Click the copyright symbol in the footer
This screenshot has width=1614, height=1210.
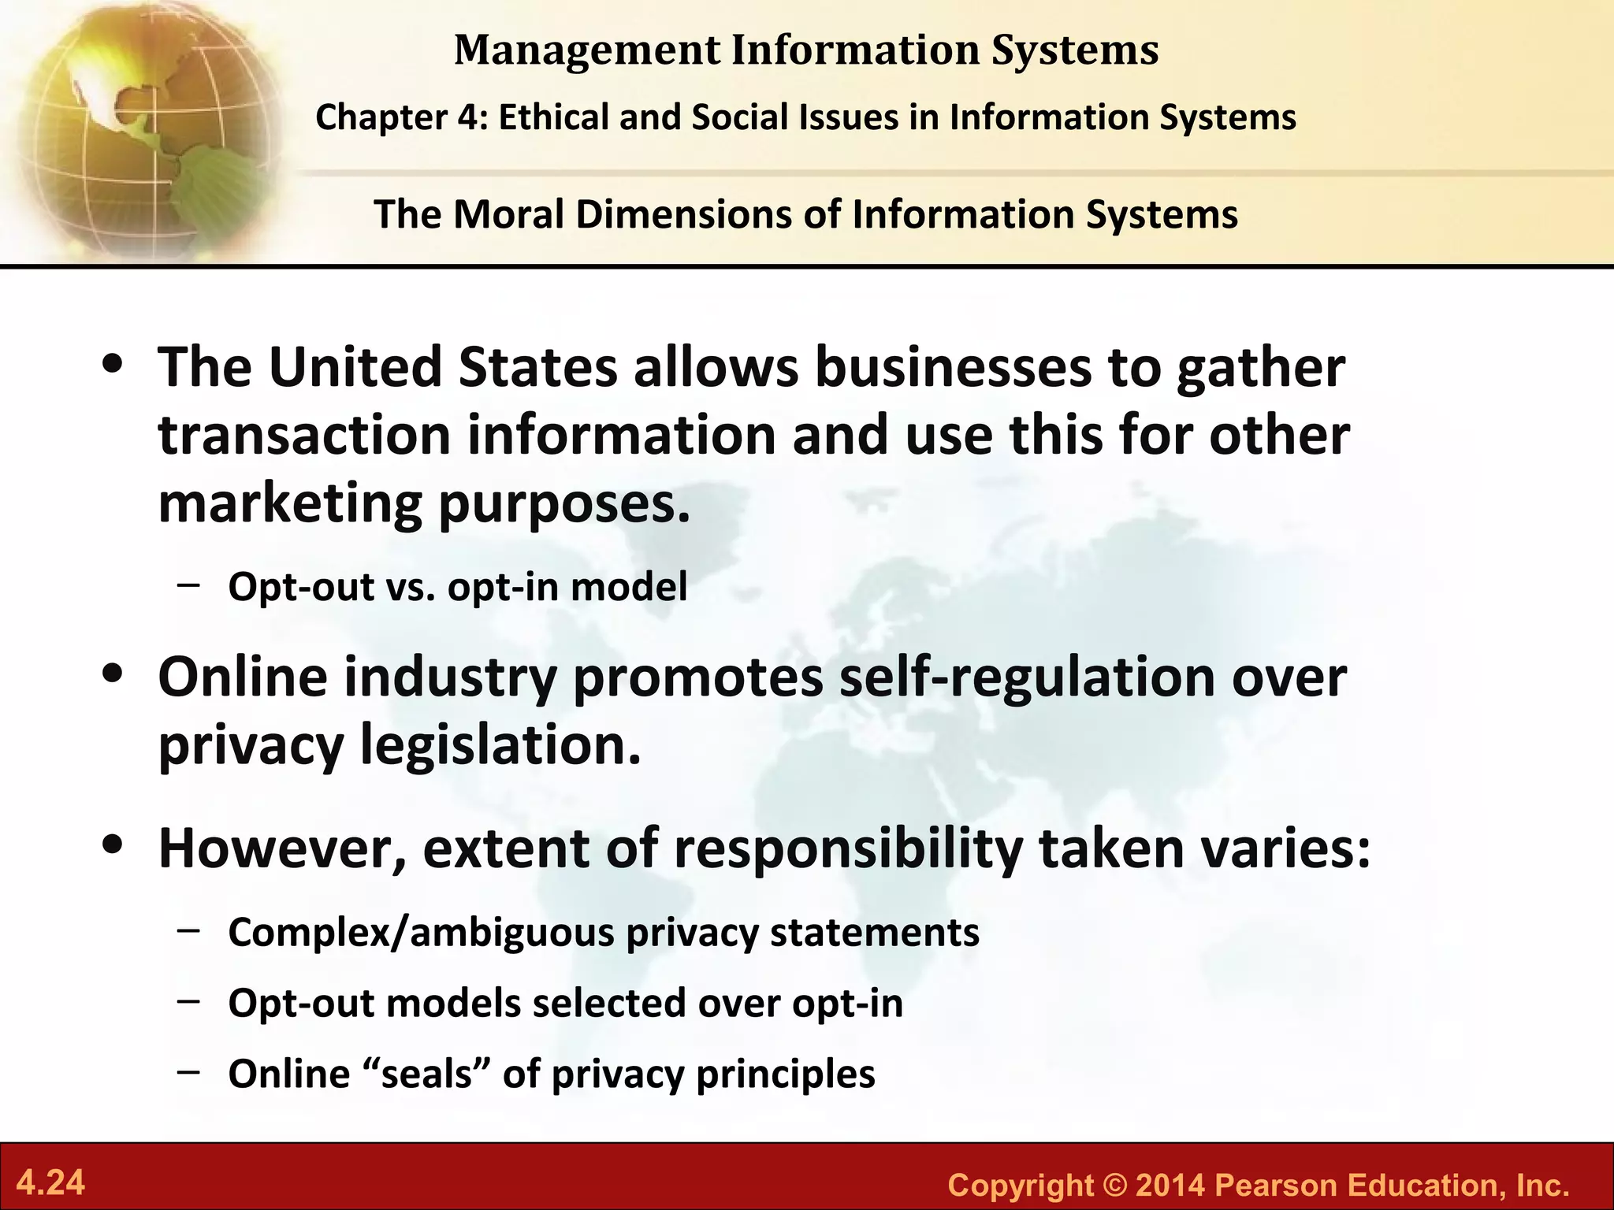(x=1114, y=1186)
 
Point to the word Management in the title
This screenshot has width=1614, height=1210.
(x=587, y=50)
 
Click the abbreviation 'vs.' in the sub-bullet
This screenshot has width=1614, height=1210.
(x=410, y=587)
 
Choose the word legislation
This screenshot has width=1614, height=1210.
(x=500, y=745)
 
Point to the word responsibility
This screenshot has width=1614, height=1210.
(x=848, y=848)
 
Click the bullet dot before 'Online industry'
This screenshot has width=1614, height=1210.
(x=115, y=674)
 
